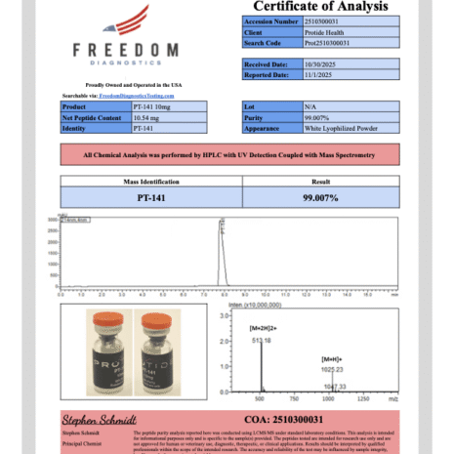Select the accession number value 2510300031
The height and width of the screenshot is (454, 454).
click(321, 21)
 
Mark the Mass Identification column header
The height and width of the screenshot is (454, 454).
click(144, 182)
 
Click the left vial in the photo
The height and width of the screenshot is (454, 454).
click(104, 351)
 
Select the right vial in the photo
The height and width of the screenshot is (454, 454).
click(156, 351)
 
